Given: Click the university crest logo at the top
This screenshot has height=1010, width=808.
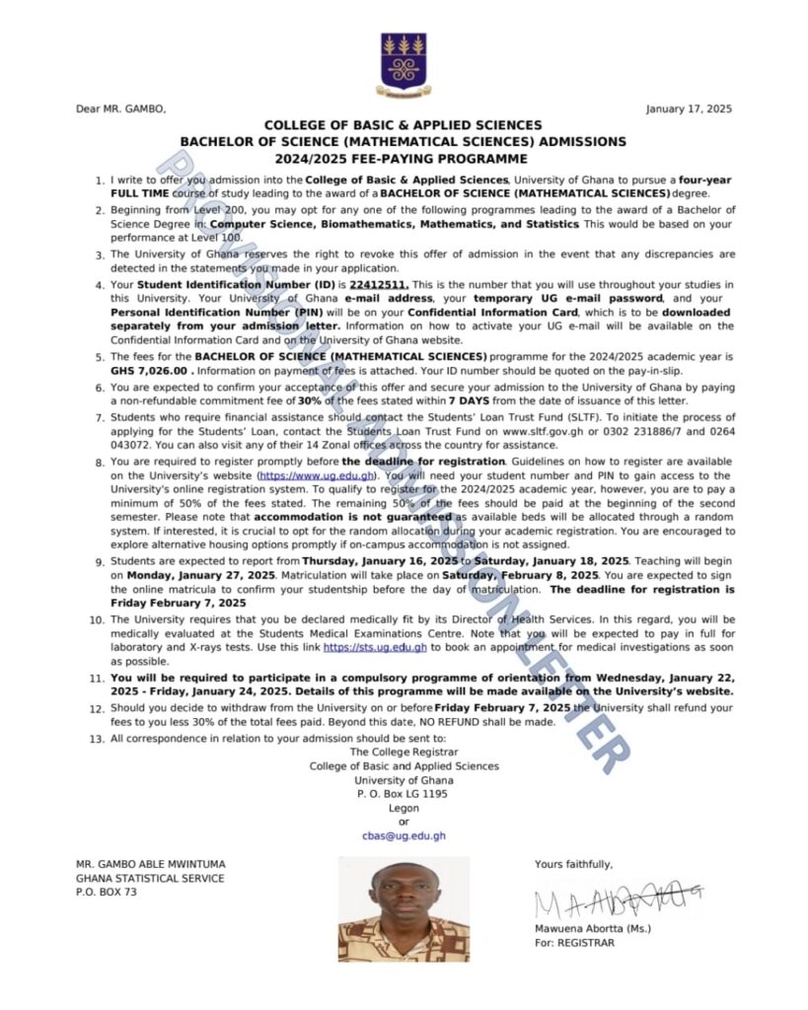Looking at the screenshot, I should click(x=403, y=65).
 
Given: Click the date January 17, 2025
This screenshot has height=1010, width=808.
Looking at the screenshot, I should click(x=689, y=108).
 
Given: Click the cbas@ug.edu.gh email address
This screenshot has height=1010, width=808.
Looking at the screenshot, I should click(x=404, y=835).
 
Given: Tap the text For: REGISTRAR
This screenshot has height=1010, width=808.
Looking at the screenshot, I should click(x=574, y=943).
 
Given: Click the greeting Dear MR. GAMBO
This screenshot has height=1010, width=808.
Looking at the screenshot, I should click(x=120, y=108).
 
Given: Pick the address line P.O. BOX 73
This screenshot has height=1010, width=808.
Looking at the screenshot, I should click(x=107, y=893).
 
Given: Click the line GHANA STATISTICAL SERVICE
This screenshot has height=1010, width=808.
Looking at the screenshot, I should click(x=150, y=878).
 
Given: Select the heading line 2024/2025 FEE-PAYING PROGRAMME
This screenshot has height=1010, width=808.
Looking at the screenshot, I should click(x=403, y=158).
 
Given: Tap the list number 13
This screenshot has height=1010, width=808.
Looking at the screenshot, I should click(x=97, y=739).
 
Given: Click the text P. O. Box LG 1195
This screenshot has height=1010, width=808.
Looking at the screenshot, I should click(x=404, y=793).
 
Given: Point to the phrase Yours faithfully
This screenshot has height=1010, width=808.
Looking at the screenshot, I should click(x=573, y=864).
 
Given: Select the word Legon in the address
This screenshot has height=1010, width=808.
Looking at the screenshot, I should click(x=404, y=808).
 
